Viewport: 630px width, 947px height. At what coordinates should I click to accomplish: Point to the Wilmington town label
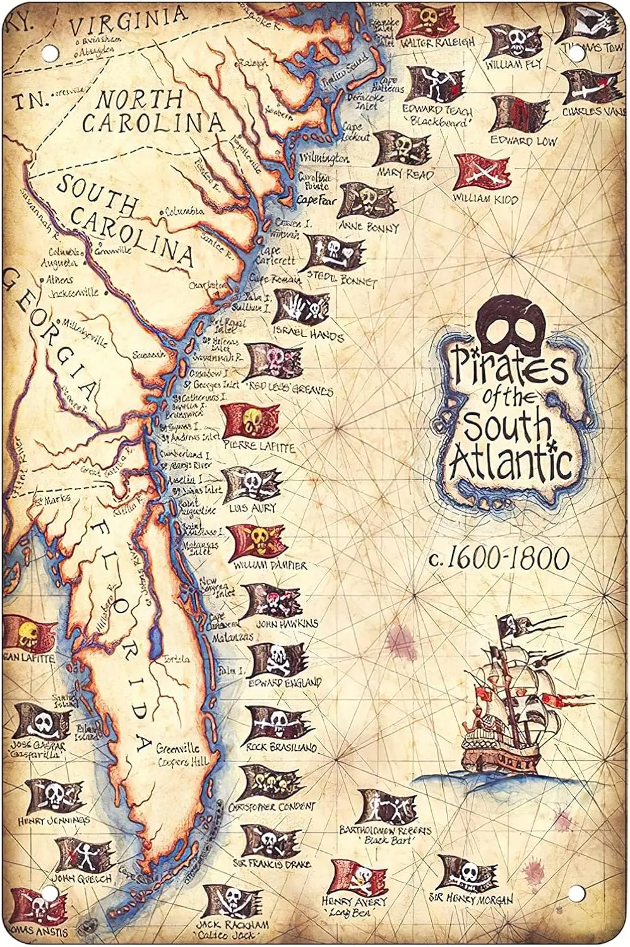pyautogui.click(x=324, y=155)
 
